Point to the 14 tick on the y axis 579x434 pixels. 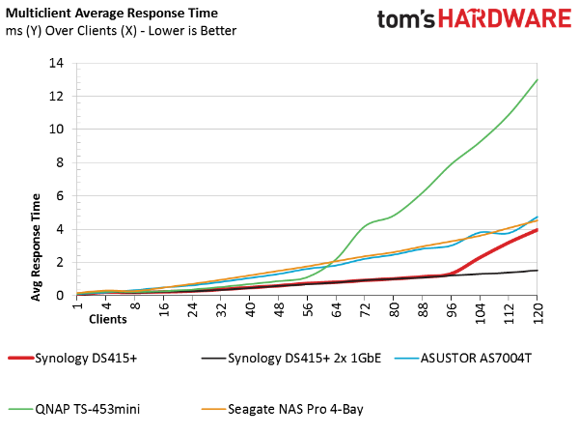(x=57, y=63)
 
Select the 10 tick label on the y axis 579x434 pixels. (x=57, y=130)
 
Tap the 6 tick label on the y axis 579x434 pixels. (x=60, y=196)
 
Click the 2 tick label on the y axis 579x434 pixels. (x=60, y=262)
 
